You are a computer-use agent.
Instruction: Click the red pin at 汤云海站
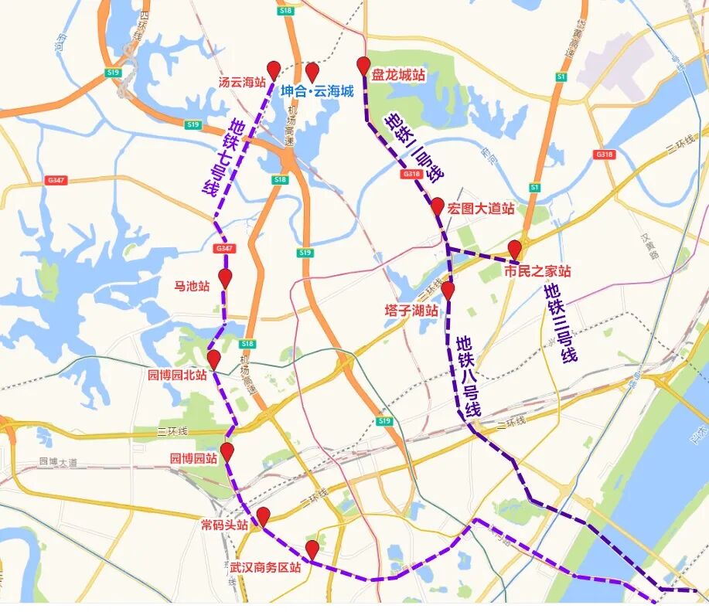(274, 69)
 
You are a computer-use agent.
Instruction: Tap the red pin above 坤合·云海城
(312, 72)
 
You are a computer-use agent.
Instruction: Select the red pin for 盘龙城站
(364, 65)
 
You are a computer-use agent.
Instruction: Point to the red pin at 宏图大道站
(437, 206)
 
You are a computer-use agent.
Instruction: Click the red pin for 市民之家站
(515, 249)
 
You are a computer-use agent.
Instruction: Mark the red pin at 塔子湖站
(448, 290)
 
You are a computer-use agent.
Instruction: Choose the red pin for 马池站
(225, 277)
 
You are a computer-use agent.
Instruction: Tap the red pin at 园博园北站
(214, 359)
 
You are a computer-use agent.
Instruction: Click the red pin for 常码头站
(263, 515)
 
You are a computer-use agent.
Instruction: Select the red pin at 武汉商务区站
(312, 549)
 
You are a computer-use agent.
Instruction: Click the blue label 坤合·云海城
(316, 91)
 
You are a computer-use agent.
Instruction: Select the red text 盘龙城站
(398, 76)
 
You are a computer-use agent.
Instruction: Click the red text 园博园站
(193, 458)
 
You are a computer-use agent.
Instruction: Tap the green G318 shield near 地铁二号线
(411, 175)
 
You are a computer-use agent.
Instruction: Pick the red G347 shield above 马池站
(224, 248)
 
